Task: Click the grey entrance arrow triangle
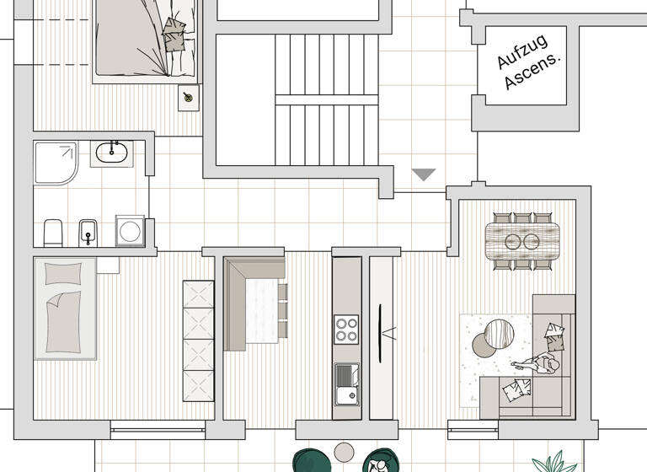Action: coord(423,174)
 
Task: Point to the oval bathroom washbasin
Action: coord(111,153)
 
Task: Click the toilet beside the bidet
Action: coord(53,232)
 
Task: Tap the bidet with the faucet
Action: coord(88,232)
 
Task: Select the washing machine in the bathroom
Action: coord(130,230)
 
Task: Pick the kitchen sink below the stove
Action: coord(346,384)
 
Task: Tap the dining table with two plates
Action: coord(522,241)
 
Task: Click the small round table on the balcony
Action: coord(343,453)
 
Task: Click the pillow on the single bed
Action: coord(64,274)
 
